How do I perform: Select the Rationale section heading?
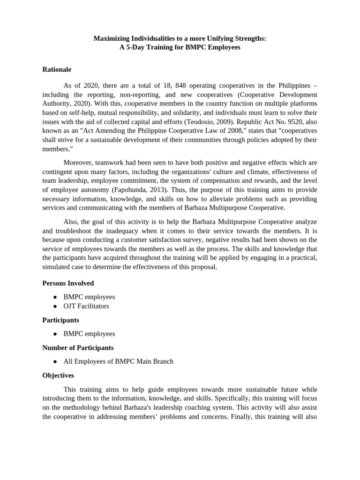(57, 69)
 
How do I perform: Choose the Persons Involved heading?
(68, 283)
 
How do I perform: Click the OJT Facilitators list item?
(86, 306)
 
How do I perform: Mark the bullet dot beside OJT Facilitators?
(55, 306)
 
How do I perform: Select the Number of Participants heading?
(78, 348)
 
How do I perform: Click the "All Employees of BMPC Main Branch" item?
(118, 361)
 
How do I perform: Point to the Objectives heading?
(58, 375)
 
